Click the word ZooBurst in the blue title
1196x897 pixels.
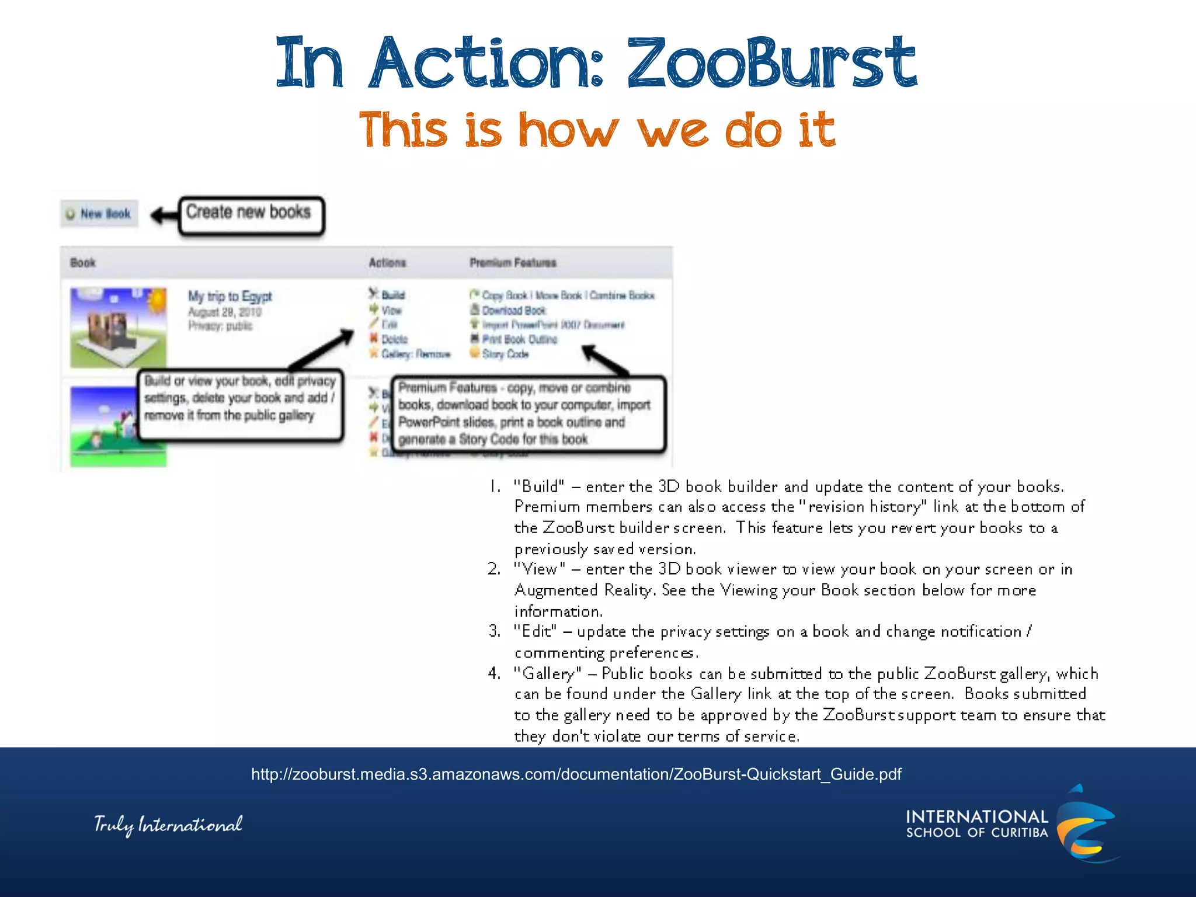(x=771, y=63)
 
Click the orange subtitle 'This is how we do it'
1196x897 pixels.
(x=597, y=130)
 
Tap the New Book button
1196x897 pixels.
(x=99, y=214)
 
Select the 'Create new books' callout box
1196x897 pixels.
(x=251, y=215)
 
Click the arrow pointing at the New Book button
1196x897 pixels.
(x=164, y=215)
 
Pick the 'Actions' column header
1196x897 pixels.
(x=387, y=263)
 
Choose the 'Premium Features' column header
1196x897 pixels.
(x=513, y=263)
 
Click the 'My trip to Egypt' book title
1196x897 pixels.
(x=230, y=296)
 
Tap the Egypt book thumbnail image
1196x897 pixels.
(x=119, y=327)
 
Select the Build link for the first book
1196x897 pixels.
(x=392, y=295)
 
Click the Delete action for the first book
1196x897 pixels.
(x=394, y=339)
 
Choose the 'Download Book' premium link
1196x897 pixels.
(x=513, y=311)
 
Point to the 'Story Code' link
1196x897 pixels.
(x=505, y=354)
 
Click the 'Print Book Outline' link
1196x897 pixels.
(x=519, y=339)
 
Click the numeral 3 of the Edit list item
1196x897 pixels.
(x=494, y=631)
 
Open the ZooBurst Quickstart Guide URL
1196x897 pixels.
(x=576, y=774)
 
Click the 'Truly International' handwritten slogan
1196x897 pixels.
(x=168, y=825)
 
